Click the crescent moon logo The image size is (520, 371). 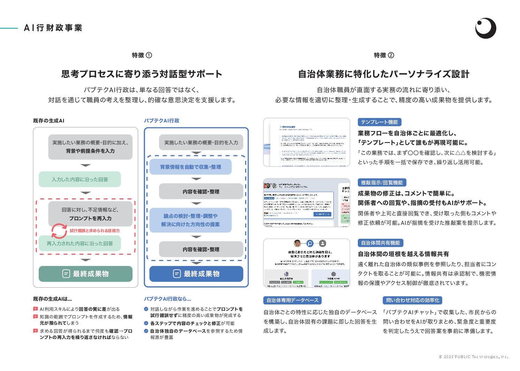485,28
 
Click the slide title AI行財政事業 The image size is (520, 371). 53,28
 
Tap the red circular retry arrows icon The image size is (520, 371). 59,231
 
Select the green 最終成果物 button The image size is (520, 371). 85,274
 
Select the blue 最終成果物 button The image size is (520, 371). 196,274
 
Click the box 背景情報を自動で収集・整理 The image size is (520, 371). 190,167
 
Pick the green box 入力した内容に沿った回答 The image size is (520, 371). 80,179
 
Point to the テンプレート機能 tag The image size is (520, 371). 379,122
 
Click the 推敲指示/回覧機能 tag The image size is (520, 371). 382,183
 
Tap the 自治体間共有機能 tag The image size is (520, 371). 380,243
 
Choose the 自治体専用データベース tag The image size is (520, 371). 292,300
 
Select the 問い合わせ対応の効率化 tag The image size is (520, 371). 413,300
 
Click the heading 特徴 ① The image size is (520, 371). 142,55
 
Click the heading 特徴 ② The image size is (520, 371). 384,55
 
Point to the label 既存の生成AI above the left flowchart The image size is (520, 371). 48,121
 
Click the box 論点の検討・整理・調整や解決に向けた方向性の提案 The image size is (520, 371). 190,220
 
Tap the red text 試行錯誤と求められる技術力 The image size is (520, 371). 95,231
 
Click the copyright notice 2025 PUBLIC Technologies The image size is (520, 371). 473,357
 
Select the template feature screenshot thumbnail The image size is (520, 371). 307,142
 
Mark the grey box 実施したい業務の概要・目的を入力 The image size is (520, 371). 201,142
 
